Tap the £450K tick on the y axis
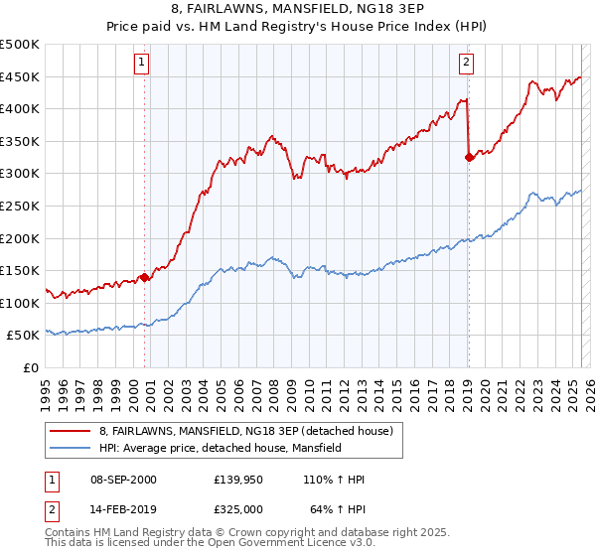tap(21, 76)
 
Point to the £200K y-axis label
tap(21, 238)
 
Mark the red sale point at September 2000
tap(145, 277)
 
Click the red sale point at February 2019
tap(469, 156)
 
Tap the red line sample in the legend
tap(72, 431)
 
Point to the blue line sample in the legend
tap(72, 449)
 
